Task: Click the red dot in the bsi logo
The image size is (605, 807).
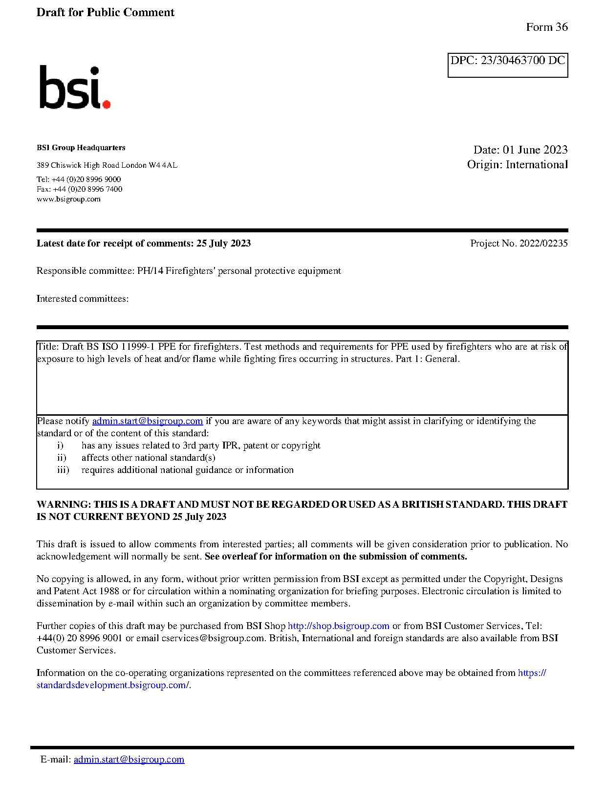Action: tap(106, 104)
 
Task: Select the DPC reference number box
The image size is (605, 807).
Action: tap(507, 65)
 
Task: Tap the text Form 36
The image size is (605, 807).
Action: tap(546, 27)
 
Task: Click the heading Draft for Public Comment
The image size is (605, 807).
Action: tap(105, 12)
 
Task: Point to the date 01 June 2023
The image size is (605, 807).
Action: tap(535, 150)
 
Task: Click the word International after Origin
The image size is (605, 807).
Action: tap(537, 165)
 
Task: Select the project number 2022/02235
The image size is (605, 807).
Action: tap(543, 244)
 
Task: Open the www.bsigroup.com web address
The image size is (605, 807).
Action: tap(68, 199)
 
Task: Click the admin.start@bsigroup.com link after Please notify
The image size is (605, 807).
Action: tap(147, 421)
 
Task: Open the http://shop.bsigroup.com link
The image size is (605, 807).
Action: tap(338, 626)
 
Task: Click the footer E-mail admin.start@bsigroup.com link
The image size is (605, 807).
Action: tap(129, 760)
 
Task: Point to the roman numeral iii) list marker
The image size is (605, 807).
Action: tap(63, 470)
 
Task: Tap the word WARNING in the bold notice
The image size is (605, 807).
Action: tap(64, 505)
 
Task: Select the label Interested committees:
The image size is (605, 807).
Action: tap(83, 299)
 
